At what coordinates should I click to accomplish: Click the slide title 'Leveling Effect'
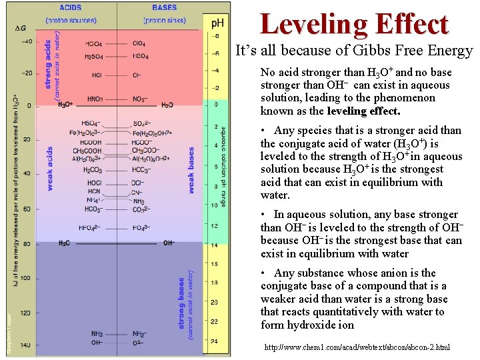tap(354, 24)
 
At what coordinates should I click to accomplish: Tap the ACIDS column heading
tap(71, 8)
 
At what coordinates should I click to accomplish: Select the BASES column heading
tap(165, 8)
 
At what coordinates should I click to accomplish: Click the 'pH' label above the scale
tap(219, 23)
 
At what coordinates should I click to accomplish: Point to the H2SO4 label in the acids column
tap(94, 57)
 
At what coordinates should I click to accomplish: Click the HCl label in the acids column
tap(97, 75)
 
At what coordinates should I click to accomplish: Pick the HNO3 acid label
tap(95, 99)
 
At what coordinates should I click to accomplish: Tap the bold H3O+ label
tap(65, 105)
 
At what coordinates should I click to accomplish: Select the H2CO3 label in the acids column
tap(93, 170)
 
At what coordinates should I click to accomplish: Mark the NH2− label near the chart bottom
tap(139, 334)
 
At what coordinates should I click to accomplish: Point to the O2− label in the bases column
tap(138, 343)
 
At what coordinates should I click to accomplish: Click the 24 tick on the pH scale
tap(215, 342)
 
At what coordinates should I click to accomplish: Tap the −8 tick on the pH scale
tap(215, 35)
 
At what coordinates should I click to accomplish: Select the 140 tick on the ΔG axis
tap(25, 345)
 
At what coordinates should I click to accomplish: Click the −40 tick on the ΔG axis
tap(26, 41)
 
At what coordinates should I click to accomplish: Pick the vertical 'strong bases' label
tap(183, 303)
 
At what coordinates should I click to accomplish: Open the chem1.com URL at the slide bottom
tap(357, 347)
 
